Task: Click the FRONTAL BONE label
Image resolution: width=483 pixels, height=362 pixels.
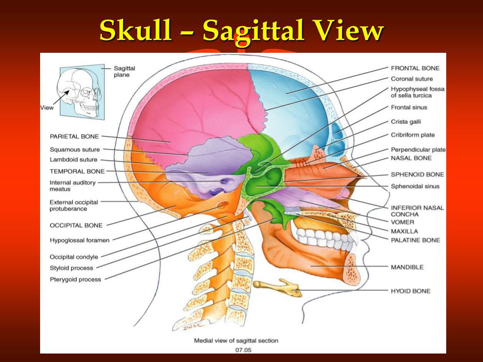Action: coord(415,68)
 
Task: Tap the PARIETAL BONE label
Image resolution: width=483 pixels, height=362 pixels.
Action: coord(74,136)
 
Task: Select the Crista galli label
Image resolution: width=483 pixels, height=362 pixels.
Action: coord(406,122)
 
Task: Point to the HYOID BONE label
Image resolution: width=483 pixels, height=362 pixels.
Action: coord(410,291)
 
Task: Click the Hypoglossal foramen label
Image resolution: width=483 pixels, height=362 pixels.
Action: coord(79,240)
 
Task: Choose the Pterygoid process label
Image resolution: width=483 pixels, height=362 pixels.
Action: coord(75,280)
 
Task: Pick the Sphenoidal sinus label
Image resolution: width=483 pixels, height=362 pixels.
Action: coord(415,186)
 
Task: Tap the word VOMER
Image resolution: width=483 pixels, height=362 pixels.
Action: coord(402,222)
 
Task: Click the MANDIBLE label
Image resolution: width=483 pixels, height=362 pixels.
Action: coord(407,267)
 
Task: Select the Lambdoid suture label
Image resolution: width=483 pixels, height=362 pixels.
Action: coord(73,159)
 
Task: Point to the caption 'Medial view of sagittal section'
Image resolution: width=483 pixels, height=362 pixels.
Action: coord(236,341)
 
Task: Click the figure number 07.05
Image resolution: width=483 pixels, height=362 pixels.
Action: coord(243,350)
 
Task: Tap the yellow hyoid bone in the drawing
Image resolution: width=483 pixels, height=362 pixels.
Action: coord(277,287)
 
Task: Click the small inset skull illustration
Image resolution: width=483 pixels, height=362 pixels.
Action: coord(79,92)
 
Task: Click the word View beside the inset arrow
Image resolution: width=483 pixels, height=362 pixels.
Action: coord(47,108)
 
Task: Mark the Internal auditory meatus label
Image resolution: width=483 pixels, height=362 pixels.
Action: coord(72,186)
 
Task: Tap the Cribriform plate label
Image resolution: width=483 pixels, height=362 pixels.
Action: coord(412,135)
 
